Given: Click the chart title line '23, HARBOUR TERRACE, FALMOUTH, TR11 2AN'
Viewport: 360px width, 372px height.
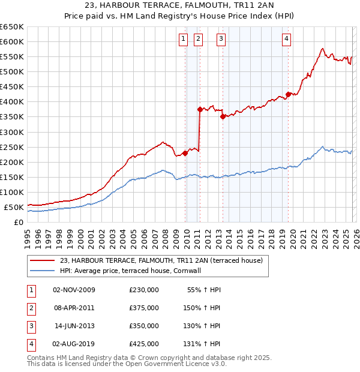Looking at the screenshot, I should point(180,7).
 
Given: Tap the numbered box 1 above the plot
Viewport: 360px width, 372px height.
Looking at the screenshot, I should point(182,39).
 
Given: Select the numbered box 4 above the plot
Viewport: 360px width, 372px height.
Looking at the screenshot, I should point(287,39).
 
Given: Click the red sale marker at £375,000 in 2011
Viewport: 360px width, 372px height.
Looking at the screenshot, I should point(200,109).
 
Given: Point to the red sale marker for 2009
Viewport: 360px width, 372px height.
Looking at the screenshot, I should point(185,153).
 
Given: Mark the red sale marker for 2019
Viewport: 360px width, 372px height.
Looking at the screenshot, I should point(288,94).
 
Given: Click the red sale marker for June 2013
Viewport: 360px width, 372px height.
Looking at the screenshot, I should point(223,117).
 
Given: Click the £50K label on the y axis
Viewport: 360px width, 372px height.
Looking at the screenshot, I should point(14,208).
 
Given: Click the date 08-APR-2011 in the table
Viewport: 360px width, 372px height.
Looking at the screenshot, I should point(74,308).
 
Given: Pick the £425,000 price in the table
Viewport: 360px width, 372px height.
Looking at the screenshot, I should point(144,344).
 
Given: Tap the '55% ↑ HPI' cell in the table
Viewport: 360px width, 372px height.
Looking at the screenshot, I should point(204,290).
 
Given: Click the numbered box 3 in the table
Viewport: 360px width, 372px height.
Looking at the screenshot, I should point(30,326).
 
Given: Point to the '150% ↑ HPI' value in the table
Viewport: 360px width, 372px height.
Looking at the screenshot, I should point(202,308).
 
